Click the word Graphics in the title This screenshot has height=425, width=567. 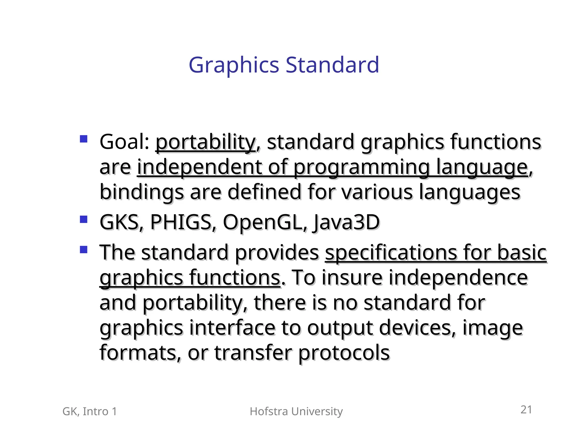(234, 65)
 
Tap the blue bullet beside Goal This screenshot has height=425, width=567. (83, 139)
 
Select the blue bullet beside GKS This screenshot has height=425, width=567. (83, 219)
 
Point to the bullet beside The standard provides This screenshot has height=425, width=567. (83, 250)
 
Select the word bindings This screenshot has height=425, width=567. (141, 193)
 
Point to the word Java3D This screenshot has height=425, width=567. (346, 223)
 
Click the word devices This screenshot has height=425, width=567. (417, 328)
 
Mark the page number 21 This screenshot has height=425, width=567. (526, 410)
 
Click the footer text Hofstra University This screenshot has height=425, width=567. (296, 411)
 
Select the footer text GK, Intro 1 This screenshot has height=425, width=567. (90, 411)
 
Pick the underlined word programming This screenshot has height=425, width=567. (361, 168)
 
